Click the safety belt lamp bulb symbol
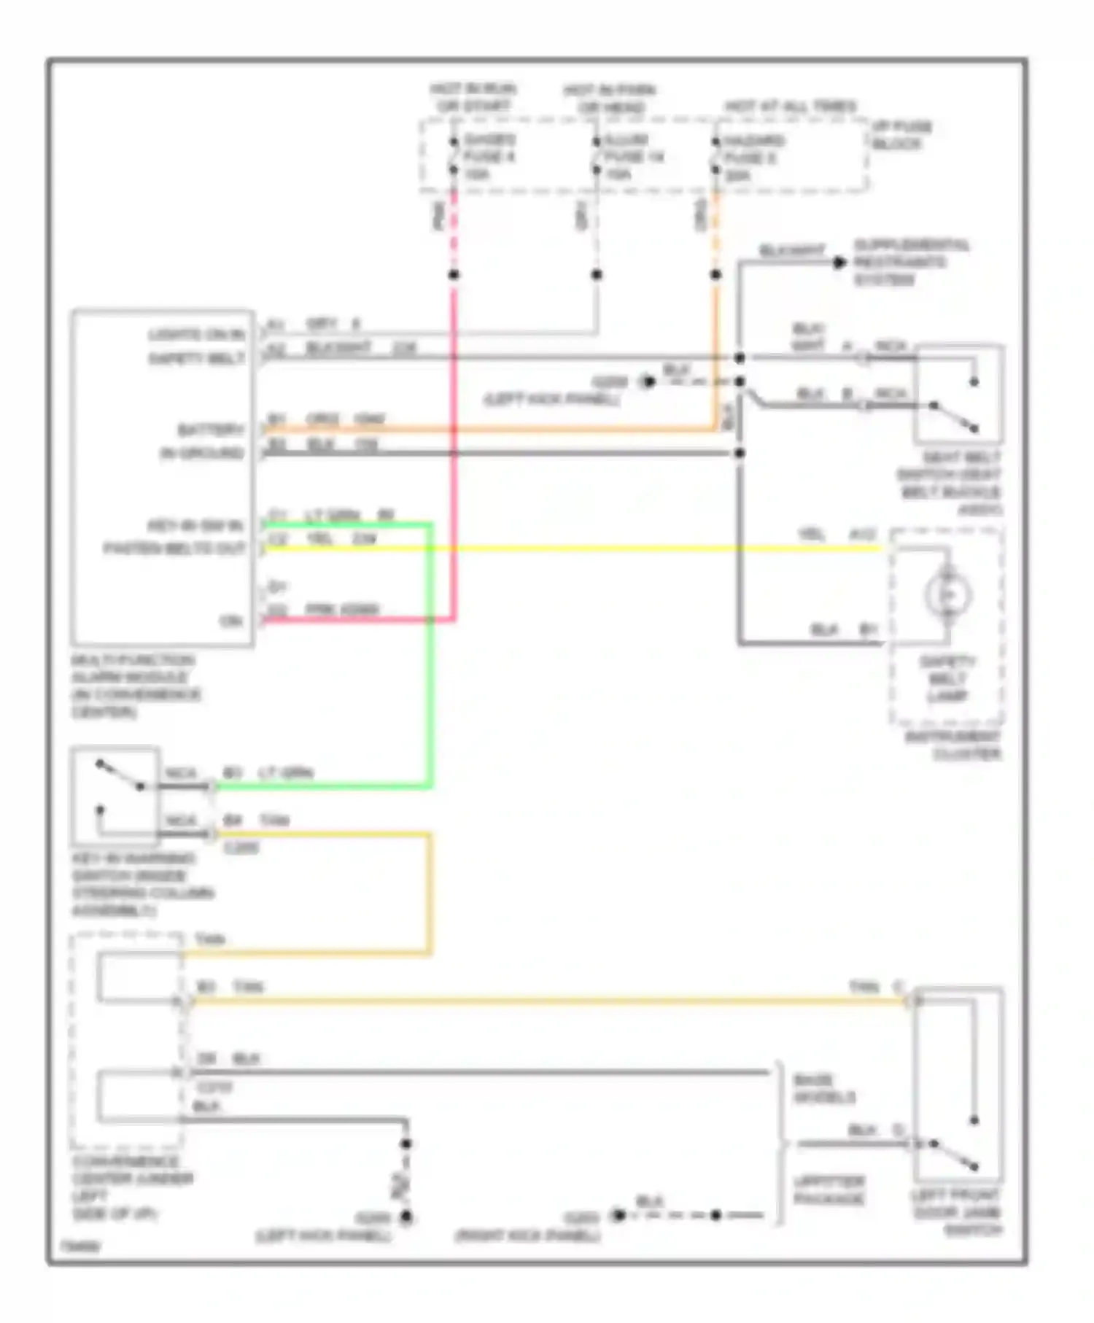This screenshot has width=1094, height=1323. click(x=947, y=595)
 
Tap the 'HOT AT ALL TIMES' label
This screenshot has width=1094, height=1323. click(x=791, y=106)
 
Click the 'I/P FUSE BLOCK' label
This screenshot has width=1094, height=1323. click(x=901, y=135)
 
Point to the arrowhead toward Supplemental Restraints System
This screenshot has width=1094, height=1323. click(x=839, y=263)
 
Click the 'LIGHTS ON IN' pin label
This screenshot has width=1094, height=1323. click(x=195, y=335)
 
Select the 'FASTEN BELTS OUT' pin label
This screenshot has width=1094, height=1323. click(x=174, y=548)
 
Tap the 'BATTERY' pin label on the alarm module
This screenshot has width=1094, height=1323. click(x=210, y=430)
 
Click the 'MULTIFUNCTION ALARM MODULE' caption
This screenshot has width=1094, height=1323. click(x=134, y=686)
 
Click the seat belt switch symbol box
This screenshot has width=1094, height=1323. click(x=958, y=394)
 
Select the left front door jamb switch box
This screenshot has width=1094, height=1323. click(x=958, y=1085)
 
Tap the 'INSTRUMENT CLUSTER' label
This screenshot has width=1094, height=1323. click(x=954, y=745)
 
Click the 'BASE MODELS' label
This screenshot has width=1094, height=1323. click(x=823, y=1089)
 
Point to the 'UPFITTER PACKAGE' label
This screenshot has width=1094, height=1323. click(x=829, y=1190)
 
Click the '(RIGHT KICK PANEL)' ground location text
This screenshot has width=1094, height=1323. click(x=528, y=1236)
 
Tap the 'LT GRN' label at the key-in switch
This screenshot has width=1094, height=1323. click(x=286, y=773)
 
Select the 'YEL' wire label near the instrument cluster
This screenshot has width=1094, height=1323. click(x=811, y=535)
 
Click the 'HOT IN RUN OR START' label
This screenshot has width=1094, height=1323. click(x=473, y=98)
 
